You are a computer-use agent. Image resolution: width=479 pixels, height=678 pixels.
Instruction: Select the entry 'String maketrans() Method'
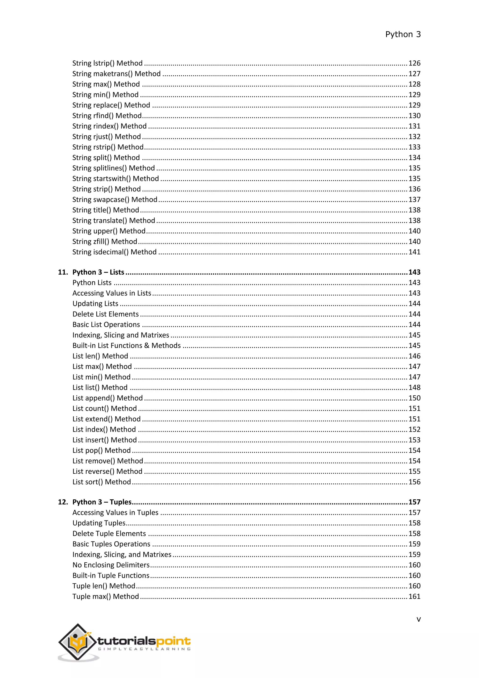[116, 74]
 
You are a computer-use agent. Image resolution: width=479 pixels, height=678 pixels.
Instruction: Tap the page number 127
[414, 74]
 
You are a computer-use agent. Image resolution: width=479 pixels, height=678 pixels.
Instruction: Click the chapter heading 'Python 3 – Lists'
[98, 272]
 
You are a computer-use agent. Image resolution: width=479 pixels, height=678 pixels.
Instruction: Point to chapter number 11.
[63, 272]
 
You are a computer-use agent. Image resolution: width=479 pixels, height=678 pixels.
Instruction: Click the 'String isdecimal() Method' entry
[114, 252]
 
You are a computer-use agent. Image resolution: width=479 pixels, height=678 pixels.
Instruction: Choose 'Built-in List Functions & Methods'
[127, 346]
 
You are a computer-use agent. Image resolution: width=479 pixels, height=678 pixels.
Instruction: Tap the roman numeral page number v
[418, 619]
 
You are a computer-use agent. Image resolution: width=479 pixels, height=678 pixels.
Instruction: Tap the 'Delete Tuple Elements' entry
[109, 533]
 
